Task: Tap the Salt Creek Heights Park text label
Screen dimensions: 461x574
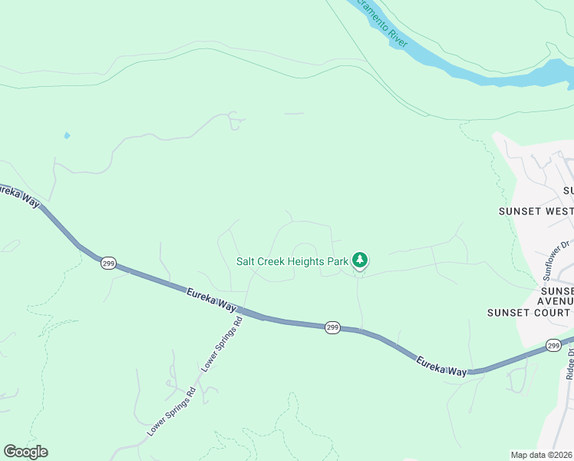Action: click(292, 261)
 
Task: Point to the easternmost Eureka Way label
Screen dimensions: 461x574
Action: click(441, 365)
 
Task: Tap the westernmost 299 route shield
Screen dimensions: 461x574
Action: click(108, 262)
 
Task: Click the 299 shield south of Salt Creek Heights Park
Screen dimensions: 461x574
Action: click(332, 327)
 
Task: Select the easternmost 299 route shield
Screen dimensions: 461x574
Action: click(554, 346)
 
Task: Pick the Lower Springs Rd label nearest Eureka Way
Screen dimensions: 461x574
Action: click(223, 343)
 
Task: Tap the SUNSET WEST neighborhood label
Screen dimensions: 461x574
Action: click(536, 211)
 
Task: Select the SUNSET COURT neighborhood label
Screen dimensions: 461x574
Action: click(529, 312)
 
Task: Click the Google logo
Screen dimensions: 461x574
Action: click(25, 452)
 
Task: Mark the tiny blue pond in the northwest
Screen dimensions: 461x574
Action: click(67, 136)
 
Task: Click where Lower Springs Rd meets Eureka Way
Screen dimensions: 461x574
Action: click(246, 311)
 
